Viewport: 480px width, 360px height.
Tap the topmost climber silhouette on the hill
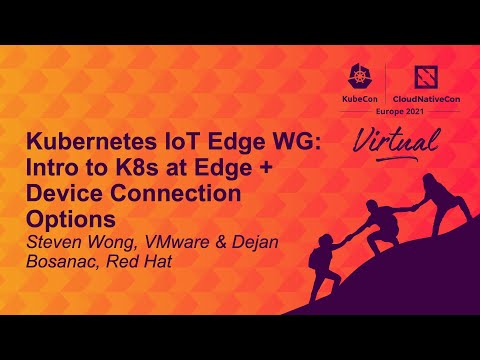434,195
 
